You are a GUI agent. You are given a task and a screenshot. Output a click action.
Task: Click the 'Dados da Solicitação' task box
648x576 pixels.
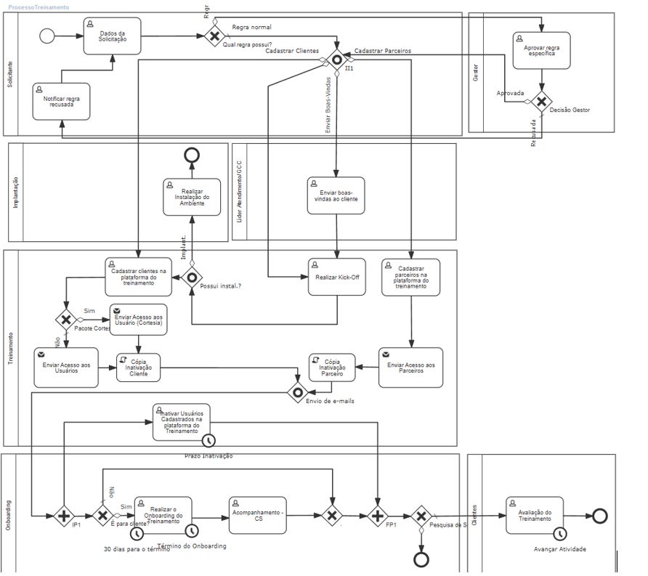click(112, 36)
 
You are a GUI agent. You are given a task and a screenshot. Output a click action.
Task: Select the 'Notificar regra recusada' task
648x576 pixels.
click(62, 101)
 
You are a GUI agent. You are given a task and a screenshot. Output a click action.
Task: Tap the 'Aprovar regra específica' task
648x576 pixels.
click(541, 50)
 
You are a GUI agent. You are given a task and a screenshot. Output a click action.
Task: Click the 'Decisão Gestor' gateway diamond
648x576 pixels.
click(540, 102)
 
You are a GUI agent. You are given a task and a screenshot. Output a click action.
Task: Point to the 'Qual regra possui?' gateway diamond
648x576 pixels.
click(214, 36)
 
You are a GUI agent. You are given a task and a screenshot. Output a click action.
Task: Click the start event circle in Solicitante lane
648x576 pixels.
click(48, 36)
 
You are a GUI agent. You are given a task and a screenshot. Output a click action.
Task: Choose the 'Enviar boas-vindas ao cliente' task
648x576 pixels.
click(336, 195)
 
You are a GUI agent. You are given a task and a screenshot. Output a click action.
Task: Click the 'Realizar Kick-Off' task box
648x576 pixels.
click(336, 277)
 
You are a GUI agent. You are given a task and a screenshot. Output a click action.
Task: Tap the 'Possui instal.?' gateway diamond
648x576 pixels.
click(192, 277)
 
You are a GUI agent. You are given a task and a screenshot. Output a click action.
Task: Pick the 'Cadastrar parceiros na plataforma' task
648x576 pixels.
click(410, 277)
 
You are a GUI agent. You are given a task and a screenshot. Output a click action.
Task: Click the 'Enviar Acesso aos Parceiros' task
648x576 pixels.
click(410, 367)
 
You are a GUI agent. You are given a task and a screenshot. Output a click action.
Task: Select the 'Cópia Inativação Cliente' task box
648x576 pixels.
click(138, 367)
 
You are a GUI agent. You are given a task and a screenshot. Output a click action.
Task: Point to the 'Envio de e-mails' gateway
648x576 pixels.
click(298, 393)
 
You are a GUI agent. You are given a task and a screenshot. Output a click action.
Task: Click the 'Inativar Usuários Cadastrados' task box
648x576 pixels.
click(182, 422)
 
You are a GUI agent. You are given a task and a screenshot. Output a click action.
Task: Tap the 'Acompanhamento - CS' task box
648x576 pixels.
click(258, 515)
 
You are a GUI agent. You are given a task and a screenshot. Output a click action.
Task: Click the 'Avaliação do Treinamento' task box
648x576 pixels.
click(534, 515)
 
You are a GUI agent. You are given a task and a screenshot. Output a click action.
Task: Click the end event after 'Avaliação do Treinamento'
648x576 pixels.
click(599, 516)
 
